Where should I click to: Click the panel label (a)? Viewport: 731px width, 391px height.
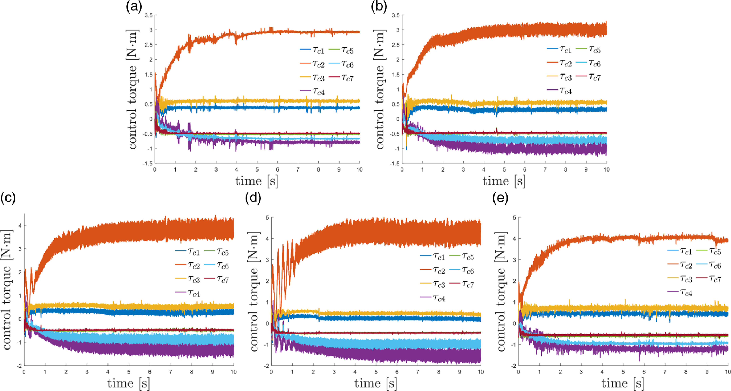coord(134,6)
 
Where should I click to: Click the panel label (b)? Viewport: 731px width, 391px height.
coord(379,6)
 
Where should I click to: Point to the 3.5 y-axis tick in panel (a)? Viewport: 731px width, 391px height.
coord(149,15)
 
